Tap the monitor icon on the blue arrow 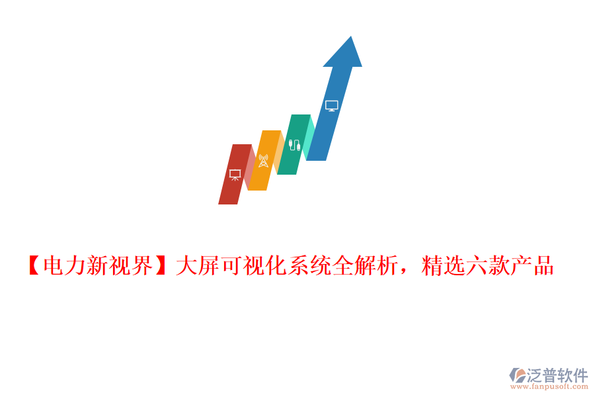click(332, 106)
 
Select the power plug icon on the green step click(294, 144)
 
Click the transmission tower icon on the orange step click(264, 161)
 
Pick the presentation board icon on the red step click(235, 175)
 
